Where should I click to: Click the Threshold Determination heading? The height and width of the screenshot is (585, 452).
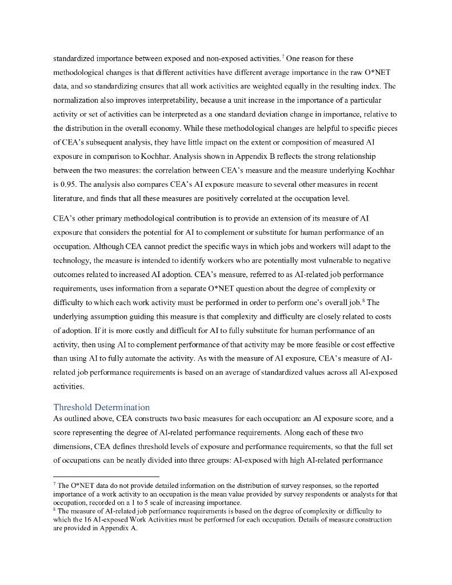(101, 407)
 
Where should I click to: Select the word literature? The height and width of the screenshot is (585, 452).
(70, 198)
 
